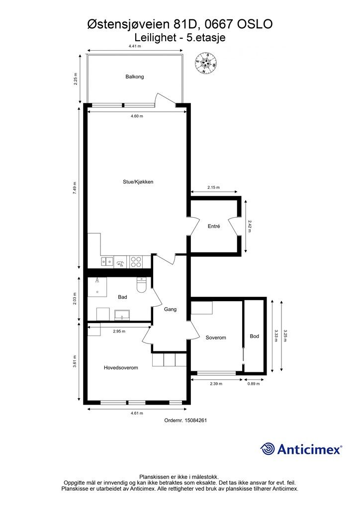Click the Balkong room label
point(134,77)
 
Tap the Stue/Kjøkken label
point(138,182)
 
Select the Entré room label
point(214,226)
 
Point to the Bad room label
point(122,297)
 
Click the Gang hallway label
point(170,309)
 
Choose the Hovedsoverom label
point(121,368)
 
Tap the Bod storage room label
point(254,337)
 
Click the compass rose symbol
point(206,63)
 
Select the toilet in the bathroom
point(142,285)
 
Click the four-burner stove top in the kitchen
point(136,261)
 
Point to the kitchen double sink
point(107,261)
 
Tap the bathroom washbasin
point(122,315)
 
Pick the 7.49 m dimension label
point(75,187)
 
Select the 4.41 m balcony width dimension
point(135,46)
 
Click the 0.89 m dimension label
point(254,384)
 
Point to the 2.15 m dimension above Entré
point(213,187)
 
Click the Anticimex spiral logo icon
point(268,449)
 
